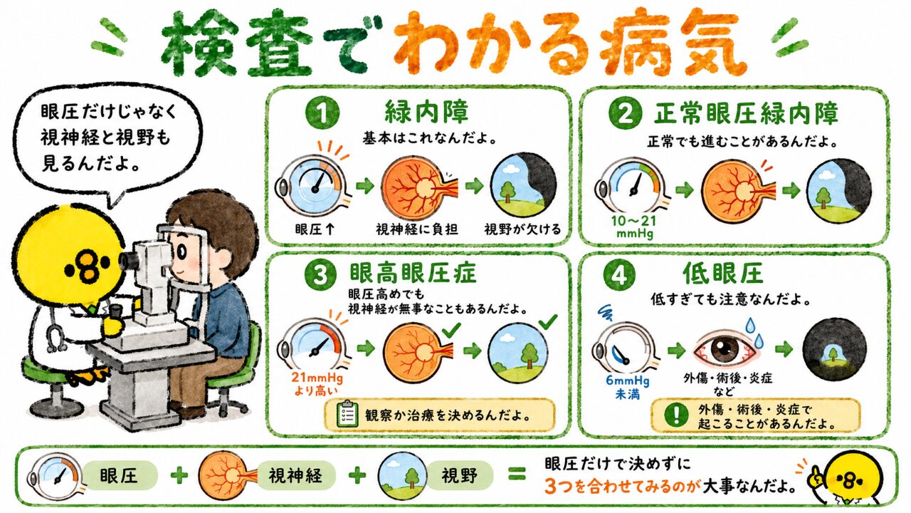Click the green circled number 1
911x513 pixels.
[322, 113]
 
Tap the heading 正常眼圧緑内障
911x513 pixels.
[747, 113]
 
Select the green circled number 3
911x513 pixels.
[320, 275]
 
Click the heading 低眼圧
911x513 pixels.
[722, 273]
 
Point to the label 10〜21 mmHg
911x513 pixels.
[634, 227]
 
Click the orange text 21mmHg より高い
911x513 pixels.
[317, 384]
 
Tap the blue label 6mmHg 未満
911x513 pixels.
[628, 387]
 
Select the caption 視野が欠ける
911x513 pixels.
[522, 229]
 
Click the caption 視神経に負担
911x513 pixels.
[417, 229]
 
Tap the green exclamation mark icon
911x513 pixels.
[676, 415]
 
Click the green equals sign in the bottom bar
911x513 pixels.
[517, 474]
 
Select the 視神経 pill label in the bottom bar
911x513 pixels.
[295, 475]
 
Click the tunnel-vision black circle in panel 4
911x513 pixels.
[834, 349]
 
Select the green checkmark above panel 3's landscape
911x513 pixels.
[548, 321]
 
